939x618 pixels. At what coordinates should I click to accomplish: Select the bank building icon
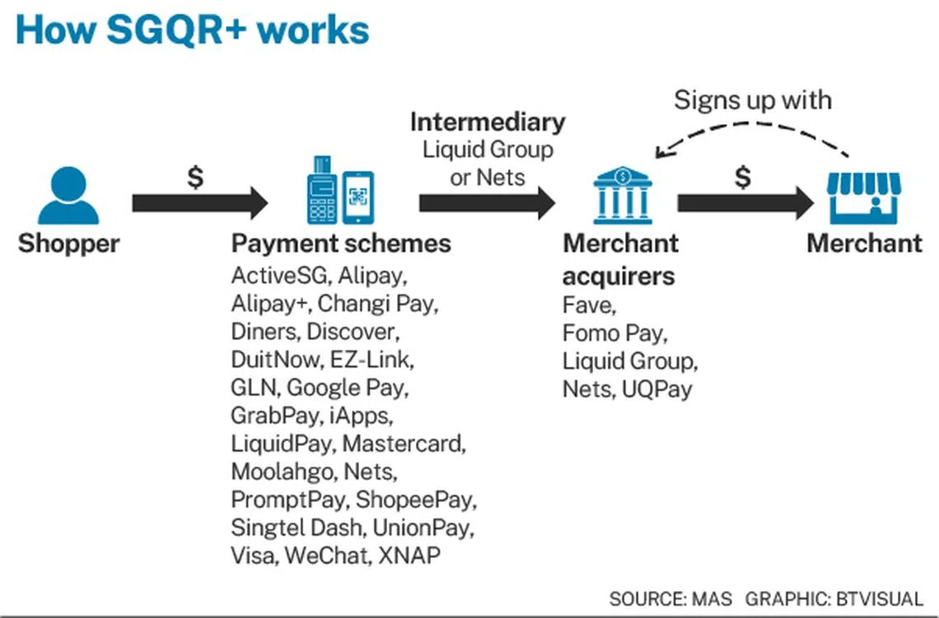coord(623,196)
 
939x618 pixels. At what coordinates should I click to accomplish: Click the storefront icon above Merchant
coord(864,197)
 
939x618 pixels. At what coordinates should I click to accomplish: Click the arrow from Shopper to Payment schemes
coord(199,202)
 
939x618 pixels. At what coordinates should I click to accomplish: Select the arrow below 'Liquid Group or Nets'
coord(487,202)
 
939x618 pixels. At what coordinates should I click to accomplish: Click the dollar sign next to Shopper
coord(195,177)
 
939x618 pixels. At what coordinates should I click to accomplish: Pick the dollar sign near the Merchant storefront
coord(743,177)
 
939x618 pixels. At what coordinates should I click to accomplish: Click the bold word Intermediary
coord(488,122)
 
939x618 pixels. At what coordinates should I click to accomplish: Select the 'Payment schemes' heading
coord(341,244)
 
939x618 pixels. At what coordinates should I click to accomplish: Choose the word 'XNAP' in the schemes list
coord(409,555)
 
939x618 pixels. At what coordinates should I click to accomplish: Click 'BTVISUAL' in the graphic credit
coord(879,599)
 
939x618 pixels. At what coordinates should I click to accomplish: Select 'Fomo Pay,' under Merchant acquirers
coord(614,333)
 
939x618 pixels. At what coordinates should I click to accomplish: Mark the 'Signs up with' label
coord(752,100)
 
